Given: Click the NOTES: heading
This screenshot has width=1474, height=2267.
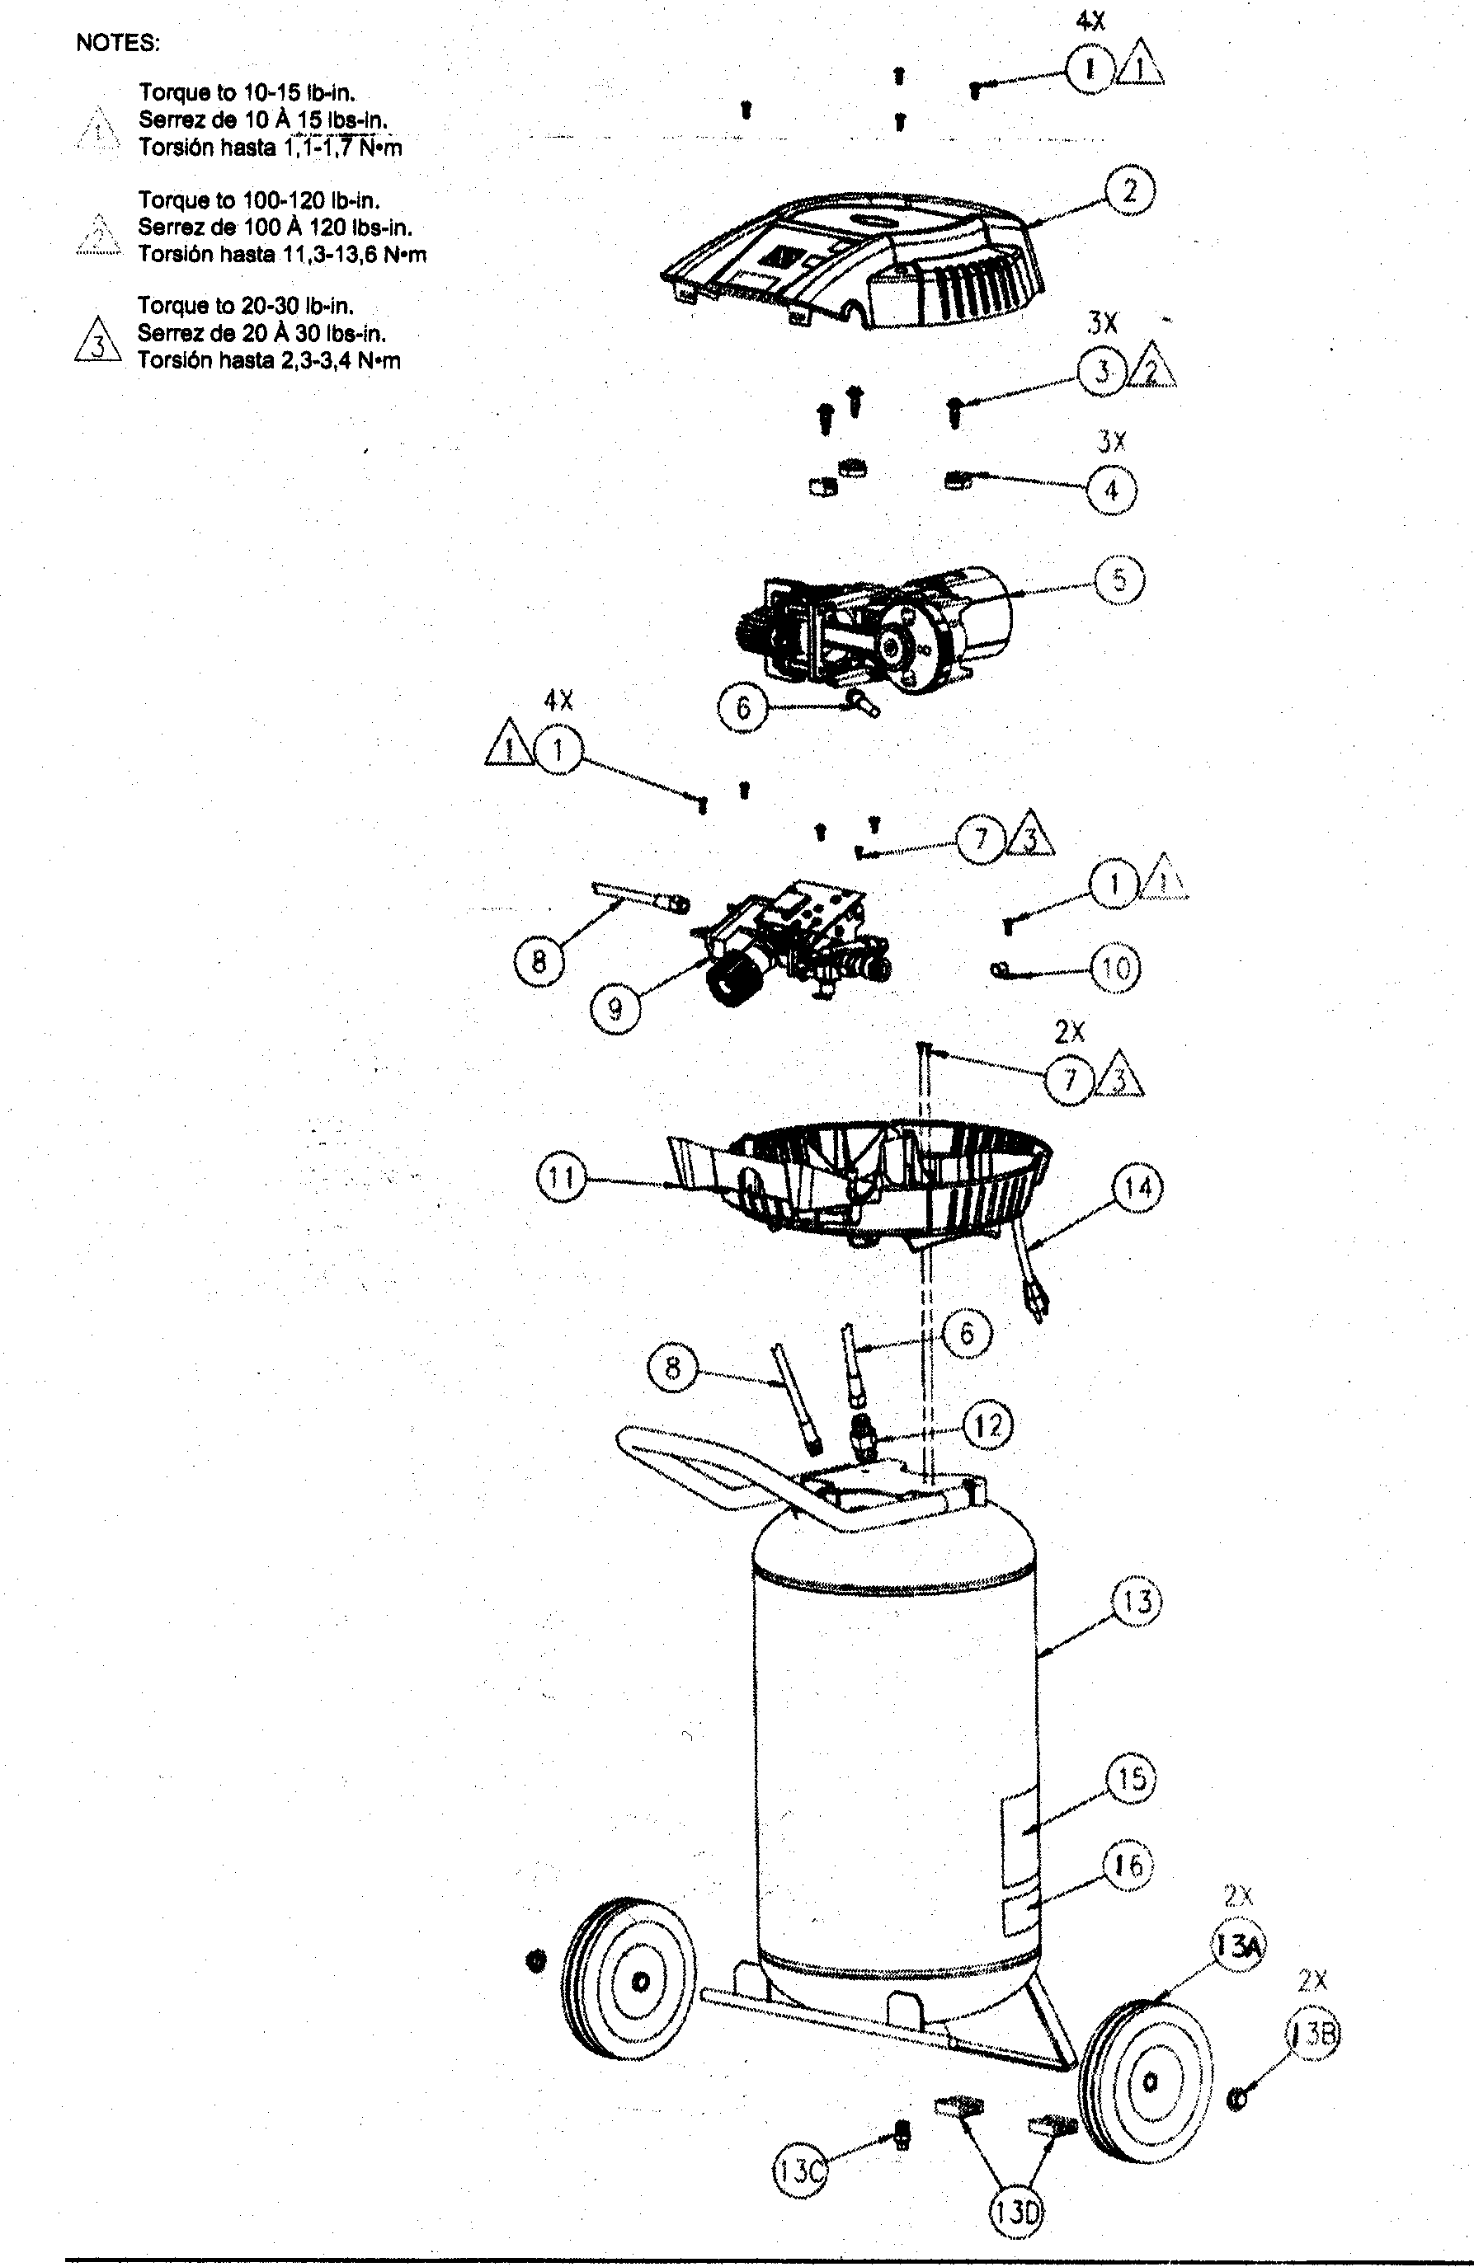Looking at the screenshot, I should [118, 44].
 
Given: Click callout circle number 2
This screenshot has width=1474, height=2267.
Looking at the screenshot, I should [1130, 190].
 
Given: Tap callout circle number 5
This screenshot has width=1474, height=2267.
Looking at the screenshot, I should [1118, 580].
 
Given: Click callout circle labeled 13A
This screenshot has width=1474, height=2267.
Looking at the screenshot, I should [1238, 1947].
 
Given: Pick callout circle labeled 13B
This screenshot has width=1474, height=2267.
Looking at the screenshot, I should [1313, 2035].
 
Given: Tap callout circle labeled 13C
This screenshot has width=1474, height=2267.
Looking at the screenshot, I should [799, 2171].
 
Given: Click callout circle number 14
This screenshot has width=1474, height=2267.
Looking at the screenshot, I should [1137, 1188].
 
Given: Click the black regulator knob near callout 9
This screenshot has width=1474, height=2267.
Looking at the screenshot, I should [737, 981].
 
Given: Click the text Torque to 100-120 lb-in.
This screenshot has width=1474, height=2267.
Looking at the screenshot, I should [259, 200].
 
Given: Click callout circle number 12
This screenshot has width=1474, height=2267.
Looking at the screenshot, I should [988, 1426].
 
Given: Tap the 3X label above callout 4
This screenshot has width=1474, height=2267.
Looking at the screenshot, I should [1111, 442].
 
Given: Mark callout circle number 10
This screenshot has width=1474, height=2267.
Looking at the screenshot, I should [1115, 969].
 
